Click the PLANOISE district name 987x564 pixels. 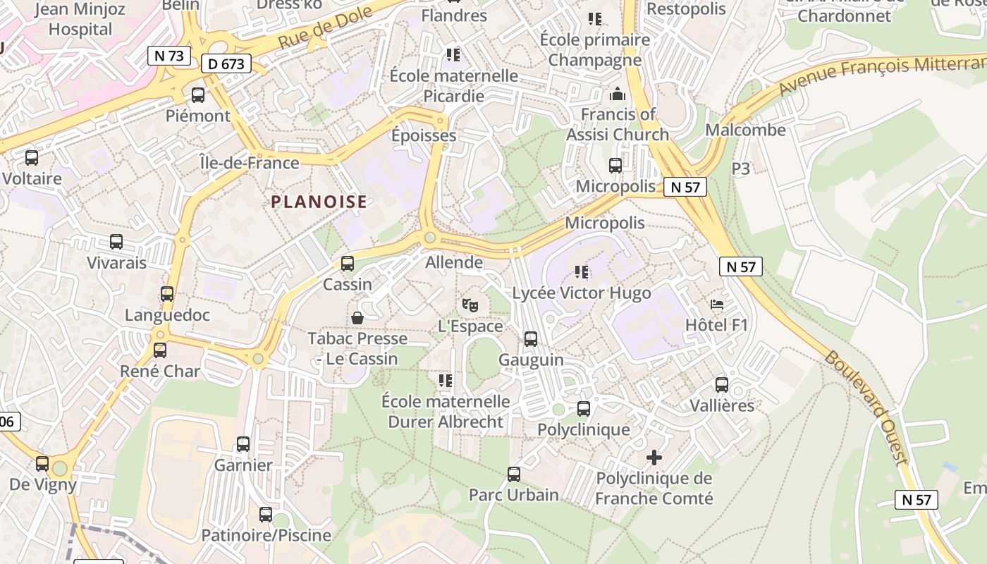pyautogui.click(x=319, y=202)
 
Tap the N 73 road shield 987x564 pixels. pyautogui.click(x=169, y=56)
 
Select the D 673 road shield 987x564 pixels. pyautogui.click(x=226, y=64)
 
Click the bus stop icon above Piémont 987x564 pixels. pyautogui.click(x=198, y=95)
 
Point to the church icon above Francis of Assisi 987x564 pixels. pyautogui.click(x=618, y=93)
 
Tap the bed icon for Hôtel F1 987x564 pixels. pyautogui.click(x=717, y=305)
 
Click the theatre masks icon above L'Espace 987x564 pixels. pyautogui.click(x=470, y=305)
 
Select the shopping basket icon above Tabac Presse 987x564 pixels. pyautogui.click(x=357, y=317)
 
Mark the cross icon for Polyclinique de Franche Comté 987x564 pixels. pyautogui.click(x=654, y=458)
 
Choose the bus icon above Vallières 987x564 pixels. pyautogui.click(x=722, y=385)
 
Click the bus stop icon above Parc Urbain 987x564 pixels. pyautogui.click(x=514, y=474)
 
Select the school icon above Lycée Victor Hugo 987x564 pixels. pyautogui.click(x=582, y=271)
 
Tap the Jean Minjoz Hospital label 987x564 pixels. pyautogui.click(x=80, y=19)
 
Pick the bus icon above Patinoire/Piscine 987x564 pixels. pyautogui.click(x=266, y=515)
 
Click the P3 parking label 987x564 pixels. pyautogui.click(x=741, y=168)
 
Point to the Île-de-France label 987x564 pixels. pyautogui.click(x=250, y=163)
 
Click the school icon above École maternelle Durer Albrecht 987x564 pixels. pyautogui.click(x=445, y=381)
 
